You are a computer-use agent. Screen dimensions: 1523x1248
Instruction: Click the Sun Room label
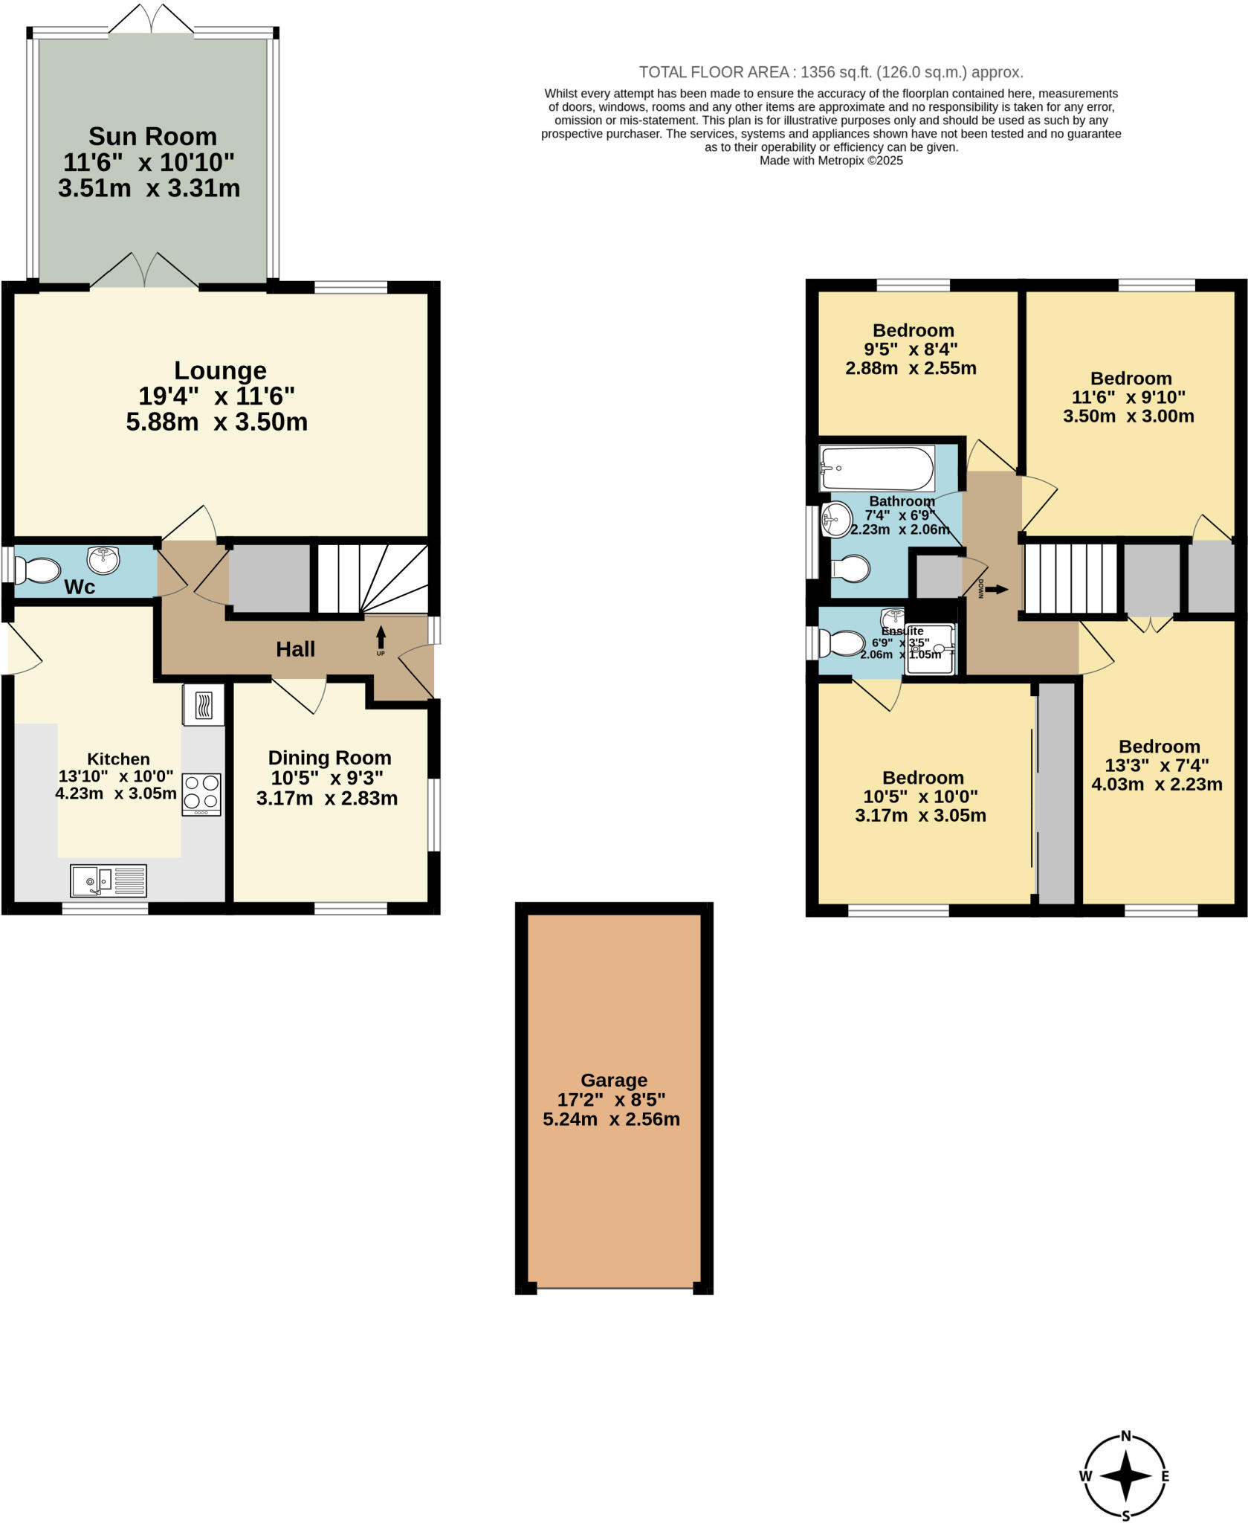[x=152, y=137]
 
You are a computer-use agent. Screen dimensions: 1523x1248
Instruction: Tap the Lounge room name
[x=220, y=370]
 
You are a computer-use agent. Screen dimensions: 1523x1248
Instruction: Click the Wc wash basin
[x=104, y=560]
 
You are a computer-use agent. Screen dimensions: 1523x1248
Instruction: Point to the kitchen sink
[x=109, y=880]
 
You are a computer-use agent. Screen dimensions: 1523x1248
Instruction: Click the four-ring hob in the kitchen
[x=201, y=792]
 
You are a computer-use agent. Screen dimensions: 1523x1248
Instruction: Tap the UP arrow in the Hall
[x=381, y=638]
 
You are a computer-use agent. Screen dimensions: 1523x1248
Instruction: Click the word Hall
[x=295, y=649]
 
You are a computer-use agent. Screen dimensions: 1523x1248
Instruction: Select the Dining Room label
[x=329, y=758]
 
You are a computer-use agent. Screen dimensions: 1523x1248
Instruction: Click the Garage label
[x=613, y=1080]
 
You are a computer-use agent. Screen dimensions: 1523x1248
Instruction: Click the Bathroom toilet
[x=852, y=570]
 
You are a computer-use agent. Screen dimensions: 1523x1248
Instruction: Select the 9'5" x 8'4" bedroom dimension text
[x=911, y=349]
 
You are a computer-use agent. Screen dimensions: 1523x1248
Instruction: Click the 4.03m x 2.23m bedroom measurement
[x=1157, y=784]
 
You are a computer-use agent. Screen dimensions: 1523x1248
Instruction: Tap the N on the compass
[x=1125, y=1436]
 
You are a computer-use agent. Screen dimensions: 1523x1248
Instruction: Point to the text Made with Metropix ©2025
[x=831, y=161]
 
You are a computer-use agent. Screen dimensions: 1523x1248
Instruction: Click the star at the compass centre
[x=1125, y=1476]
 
